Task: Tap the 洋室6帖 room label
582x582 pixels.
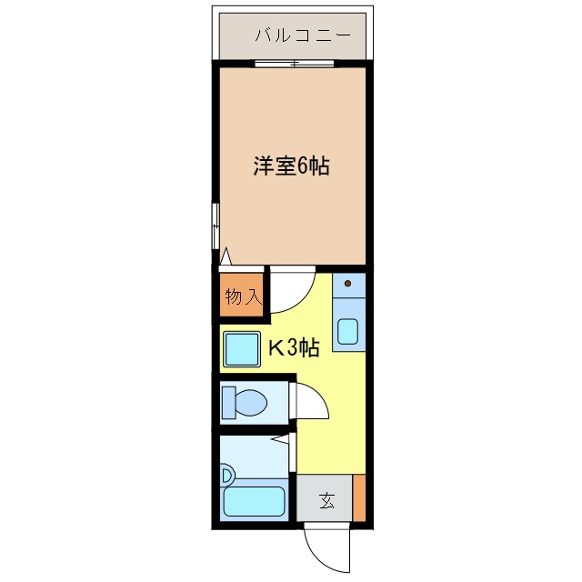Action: point(290,166)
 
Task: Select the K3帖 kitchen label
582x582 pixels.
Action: point(292,347)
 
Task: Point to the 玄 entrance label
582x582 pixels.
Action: point(326,499)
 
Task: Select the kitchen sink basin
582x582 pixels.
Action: point(347,331)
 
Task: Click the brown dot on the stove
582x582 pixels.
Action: point(347,284)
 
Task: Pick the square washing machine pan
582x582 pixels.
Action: point(241,348)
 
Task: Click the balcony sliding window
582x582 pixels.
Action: point(294,64)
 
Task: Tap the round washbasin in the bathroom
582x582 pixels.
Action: point(227,474)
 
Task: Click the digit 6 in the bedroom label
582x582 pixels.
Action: point(303,166)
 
